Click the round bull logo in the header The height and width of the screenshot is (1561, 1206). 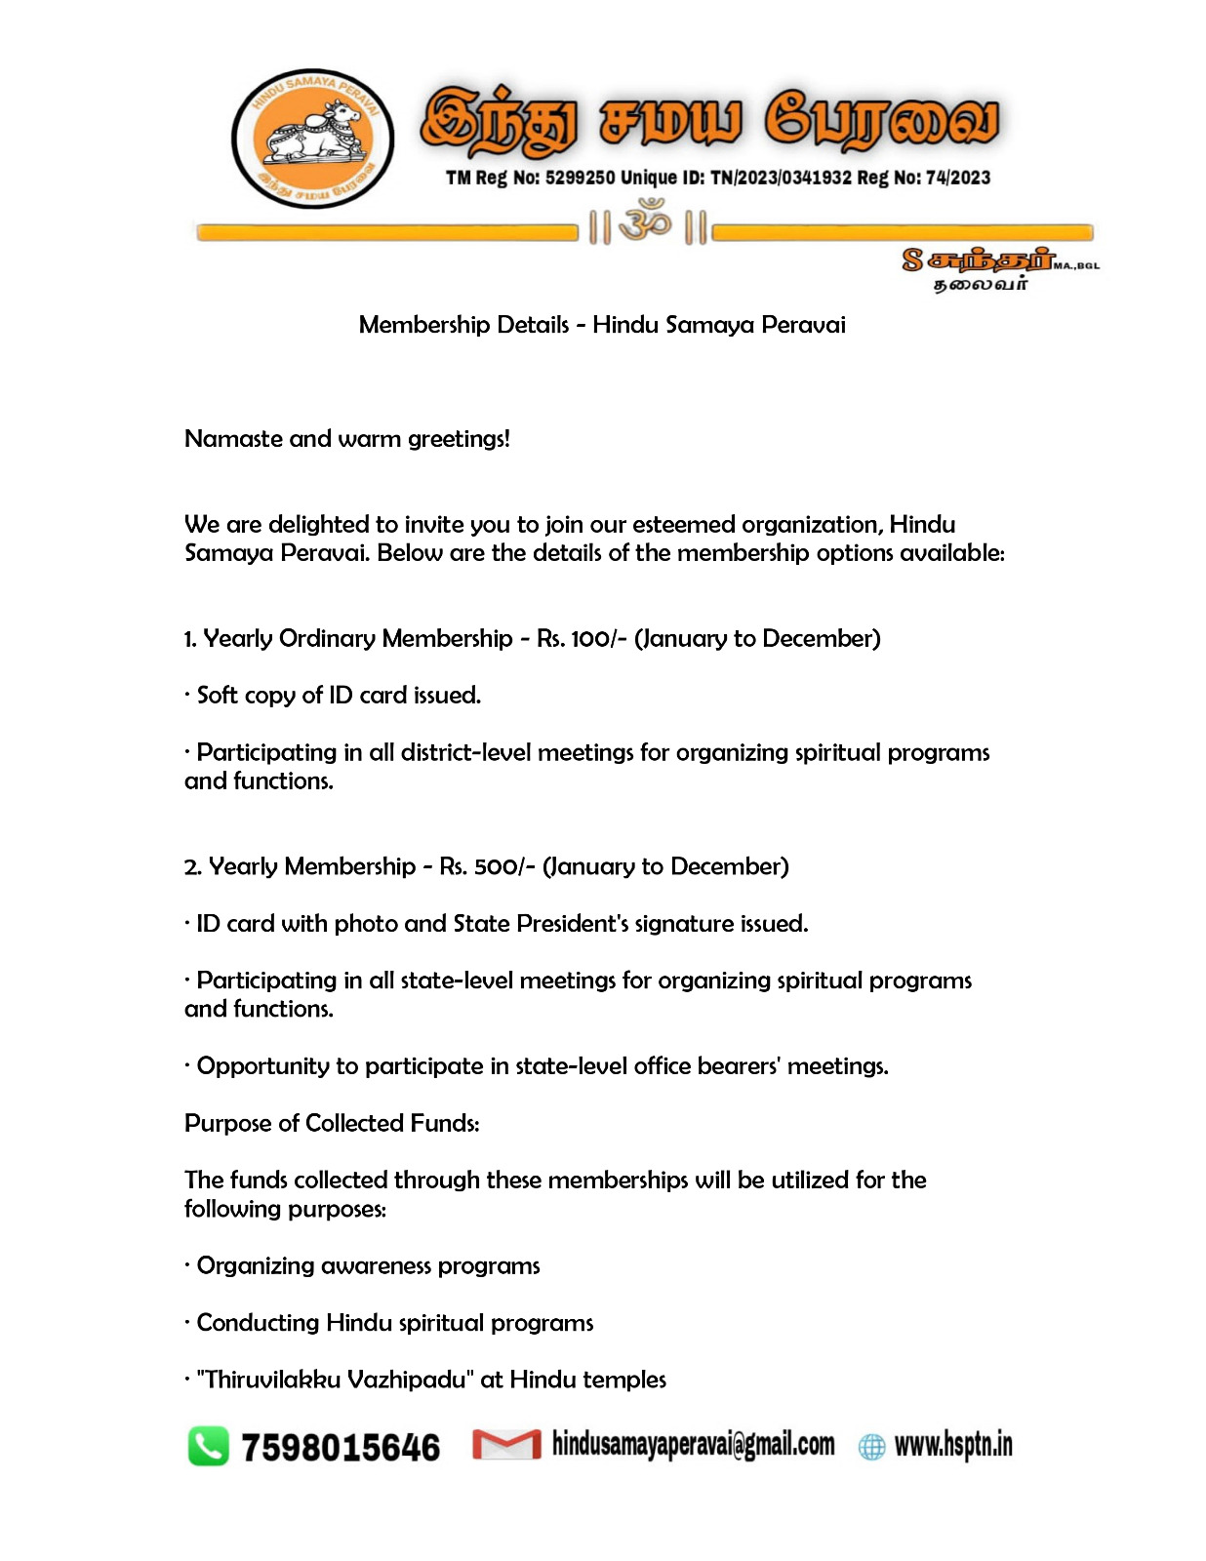click(x=312, y=139)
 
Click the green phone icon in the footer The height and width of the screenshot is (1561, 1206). click(x=208, y=1446)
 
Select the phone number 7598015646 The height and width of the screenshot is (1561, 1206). click(x=341, y=1448)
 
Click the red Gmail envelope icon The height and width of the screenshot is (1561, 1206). click(x=506, y=1445)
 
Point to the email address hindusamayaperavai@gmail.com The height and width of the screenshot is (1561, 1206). click(x=693, y=1445)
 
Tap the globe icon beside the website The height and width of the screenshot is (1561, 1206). click(x=871, y=1447)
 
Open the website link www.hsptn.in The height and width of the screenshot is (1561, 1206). click(x=953, y=1445)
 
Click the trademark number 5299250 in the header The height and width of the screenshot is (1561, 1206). click(x=580, y=178)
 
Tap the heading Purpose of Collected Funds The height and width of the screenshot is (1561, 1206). click(x=332, y=1124)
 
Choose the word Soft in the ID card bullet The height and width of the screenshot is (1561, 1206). click(x=217, y=696)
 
